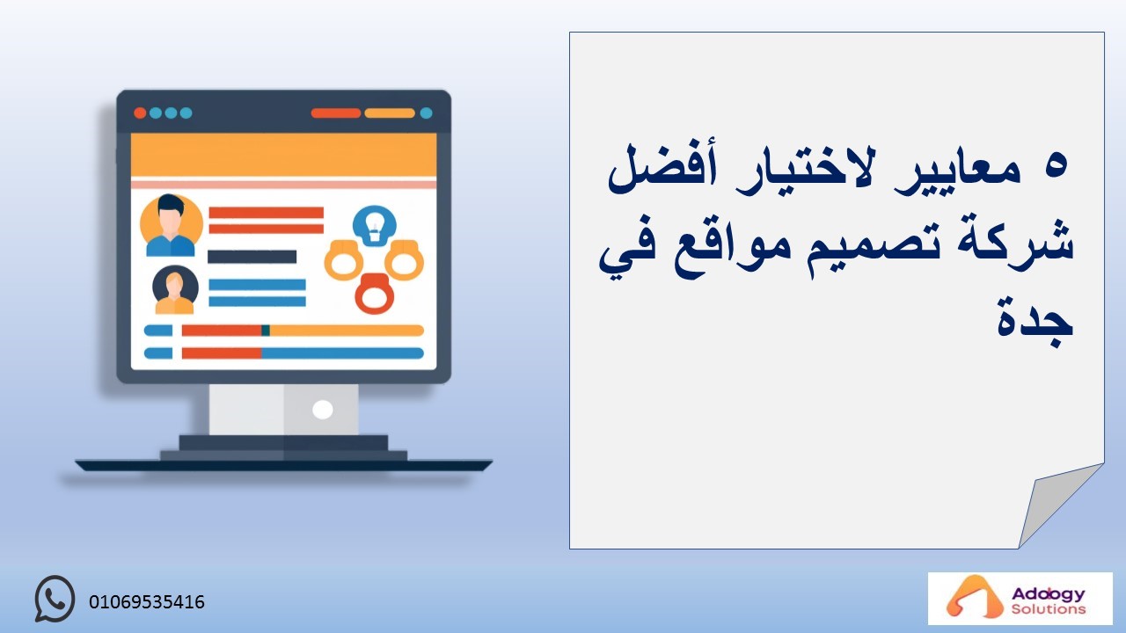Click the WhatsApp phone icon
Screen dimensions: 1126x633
tap(55, 599)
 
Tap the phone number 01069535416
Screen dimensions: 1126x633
tap(147, 602)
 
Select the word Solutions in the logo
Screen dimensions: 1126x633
tap(1049, 609)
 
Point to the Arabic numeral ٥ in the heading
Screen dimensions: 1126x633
tap(1055, 167)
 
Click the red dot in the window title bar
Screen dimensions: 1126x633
tap(140, 113)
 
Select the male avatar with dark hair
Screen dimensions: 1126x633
tap(171, 226)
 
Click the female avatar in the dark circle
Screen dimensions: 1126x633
tap(175, 289)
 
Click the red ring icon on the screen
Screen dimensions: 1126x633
tap(375, 294)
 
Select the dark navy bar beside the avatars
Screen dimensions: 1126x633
tap(252, 257)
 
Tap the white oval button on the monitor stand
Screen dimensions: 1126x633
tap(322, 410)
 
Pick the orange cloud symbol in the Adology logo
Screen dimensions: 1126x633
tap(968, 598)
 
